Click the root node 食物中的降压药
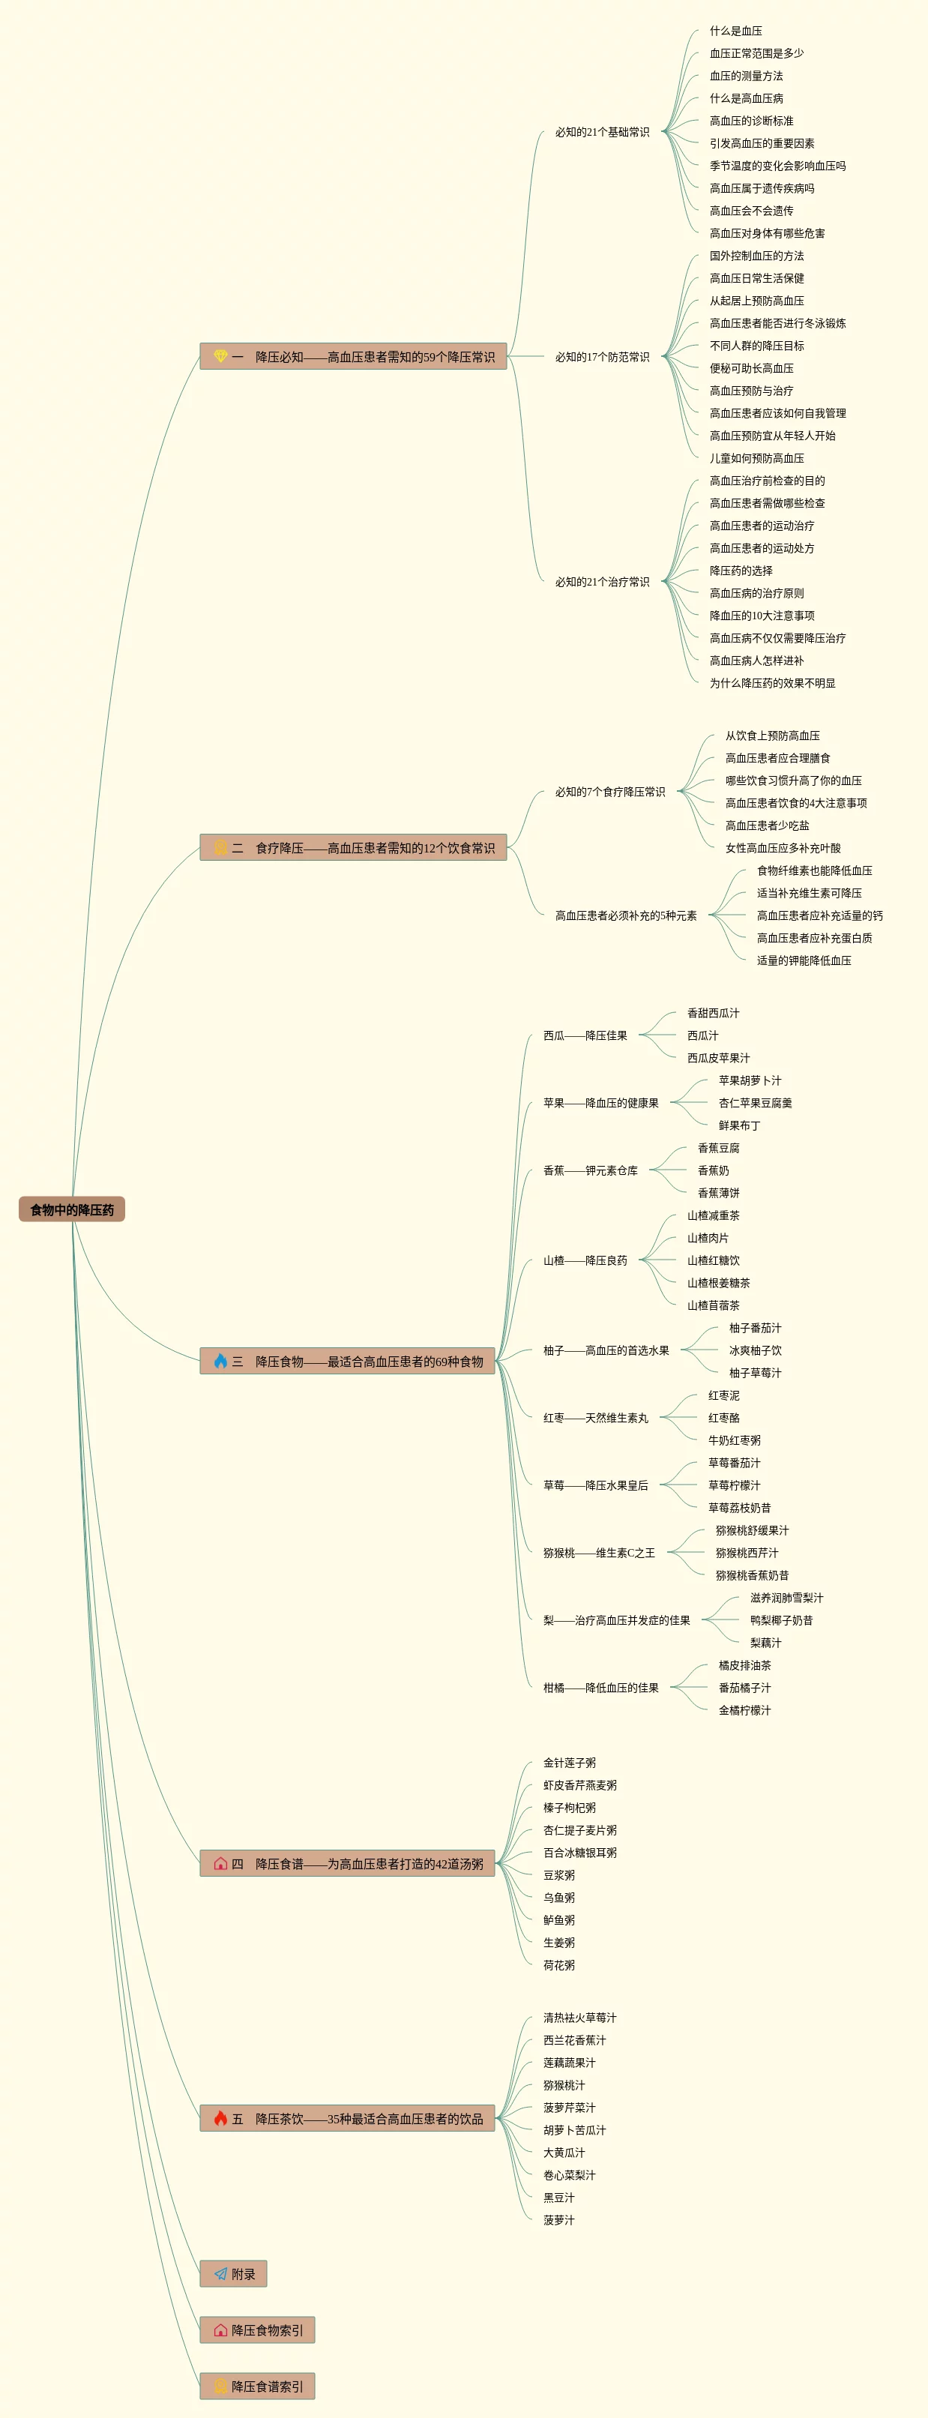[71, 1209]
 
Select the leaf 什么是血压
[735, 31]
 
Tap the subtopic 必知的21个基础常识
[601, 133]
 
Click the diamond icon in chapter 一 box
[220, 357]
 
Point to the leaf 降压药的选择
[741, 571]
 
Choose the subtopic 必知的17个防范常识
[601, 357]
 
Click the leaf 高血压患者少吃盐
[767, 825]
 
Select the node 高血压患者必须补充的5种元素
[625, 915]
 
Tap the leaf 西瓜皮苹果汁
[718, 1058]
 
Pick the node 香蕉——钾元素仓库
[590, 1170]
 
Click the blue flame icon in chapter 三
[220, 1361]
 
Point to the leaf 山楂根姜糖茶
[718, 1283]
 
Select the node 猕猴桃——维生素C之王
[599, 1553]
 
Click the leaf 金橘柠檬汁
[744, 1710]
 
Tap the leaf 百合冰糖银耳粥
[580, 1853]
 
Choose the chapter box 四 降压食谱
[347, 1863]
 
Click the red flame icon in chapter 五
[220, 2119]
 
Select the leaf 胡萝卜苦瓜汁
[574, 2130]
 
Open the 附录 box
[234, 2273]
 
